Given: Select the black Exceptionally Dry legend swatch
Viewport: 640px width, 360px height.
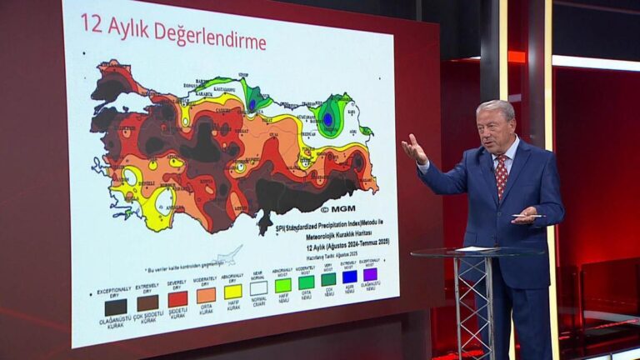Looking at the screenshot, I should tap(116, 306).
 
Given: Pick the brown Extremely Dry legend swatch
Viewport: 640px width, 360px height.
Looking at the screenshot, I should tap(147, 302).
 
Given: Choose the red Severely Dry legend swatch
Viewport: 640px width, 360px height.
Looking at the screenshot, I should tap(177, 299).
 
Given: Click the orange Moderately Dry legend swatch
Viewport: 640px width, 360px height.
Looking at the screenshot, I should tap(206, 295).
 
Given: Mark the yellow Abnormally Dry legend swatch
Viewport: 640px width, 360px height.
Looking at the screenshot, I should tap(232, 292).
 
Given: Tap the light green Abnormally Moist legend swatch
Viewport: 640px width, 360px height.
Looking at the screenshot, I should tap(283, 285).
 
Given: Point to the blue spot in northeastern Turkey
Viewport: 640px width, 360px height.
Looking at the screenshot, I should tap(328, 119).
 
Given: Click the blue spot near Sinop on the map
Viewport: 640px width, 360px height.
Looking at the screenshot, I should tap(252, 104).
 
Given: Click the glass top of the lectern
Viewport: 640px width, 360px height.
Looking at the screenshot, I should tap(467, 251).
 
